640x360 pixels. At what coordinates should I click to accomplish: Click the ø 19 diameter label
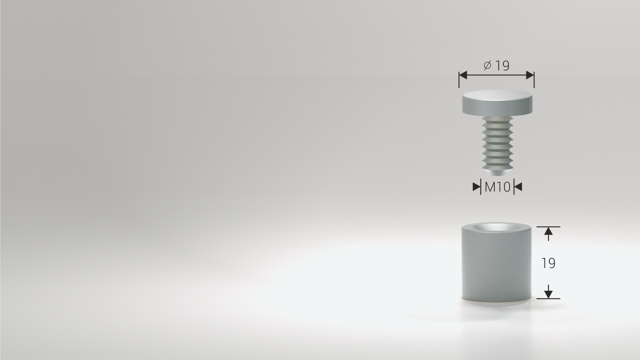496,66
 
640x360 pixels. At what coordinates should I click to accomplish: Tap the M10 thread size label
498,187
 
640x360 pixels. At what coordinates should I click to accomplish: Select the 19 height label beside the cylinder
548,263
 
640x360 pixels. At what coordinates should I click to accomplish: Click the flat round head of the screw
497,103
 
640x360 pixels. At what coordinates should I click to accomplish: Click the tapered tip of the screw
498,172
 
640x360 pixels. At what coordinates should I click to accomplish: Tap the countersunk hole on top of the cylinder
496,228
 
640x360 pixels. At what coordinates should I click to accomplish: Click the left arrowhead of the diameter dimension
463,75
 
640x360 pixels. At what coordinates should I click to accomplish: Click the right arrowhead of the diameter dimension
530,75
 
